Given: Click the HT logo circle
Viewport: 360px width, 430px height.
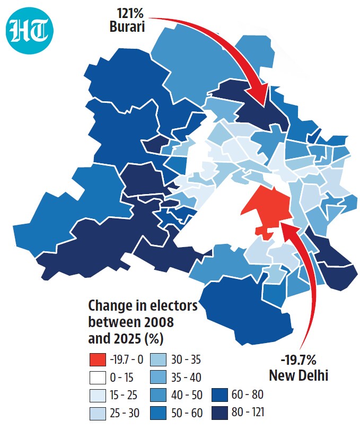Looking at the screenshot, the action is coord(29,31).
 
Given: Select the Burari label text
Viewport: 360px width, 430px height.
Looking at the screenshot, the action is coord(127,27).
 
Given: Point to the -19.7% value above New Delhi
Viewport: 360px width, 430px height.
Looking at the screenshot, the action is coord(298,360).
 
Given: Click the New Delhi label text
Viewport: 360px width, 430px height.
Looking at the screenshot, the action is coord(298,375).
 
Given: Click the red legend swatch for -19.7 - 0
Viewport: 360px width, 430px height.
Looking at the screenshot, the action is coord(98,359).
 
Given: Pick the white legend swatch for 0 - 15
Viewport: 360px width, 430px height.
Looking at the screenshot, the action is coord(98,378).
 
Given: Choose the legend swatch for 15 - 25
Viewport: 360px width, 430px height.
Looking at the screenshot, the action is coord(98,395).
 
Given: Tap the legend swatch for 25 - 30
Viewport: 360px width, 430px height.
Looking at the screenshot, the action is coord(98,413).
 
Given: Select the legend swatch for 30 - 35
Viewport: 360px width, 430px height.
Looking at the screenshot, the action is coord(158,359).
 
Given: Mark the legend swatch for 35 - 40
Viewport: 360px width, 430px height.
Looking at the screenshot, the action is coord(158,378).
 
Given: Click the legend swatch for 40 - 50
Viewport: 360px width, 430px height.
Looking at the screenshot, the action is coord(158,395).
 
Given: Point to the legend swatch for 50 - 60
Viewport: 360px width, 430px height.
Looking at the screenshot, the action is coord(158,413).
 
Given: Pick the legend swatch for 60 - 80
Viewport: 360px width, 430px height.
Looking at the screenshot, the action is coord(220,395).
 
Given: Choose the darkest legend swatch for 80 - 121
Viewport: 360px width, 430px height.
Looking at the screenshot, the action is coord(220,413).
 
